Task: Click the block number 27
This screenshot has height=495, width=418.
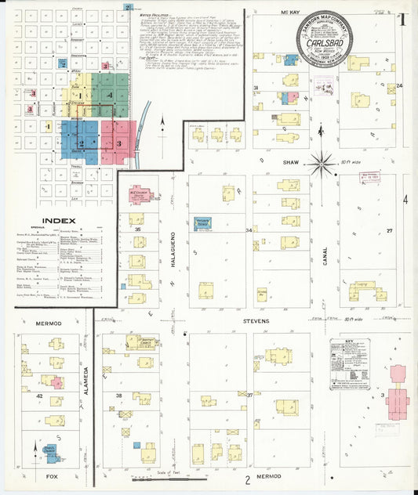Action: pos(388,230)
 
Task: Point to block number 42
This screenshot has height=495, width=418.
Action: pos(38,397)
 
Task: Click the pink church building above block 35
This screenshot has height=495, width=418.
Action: pos(140,193)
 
